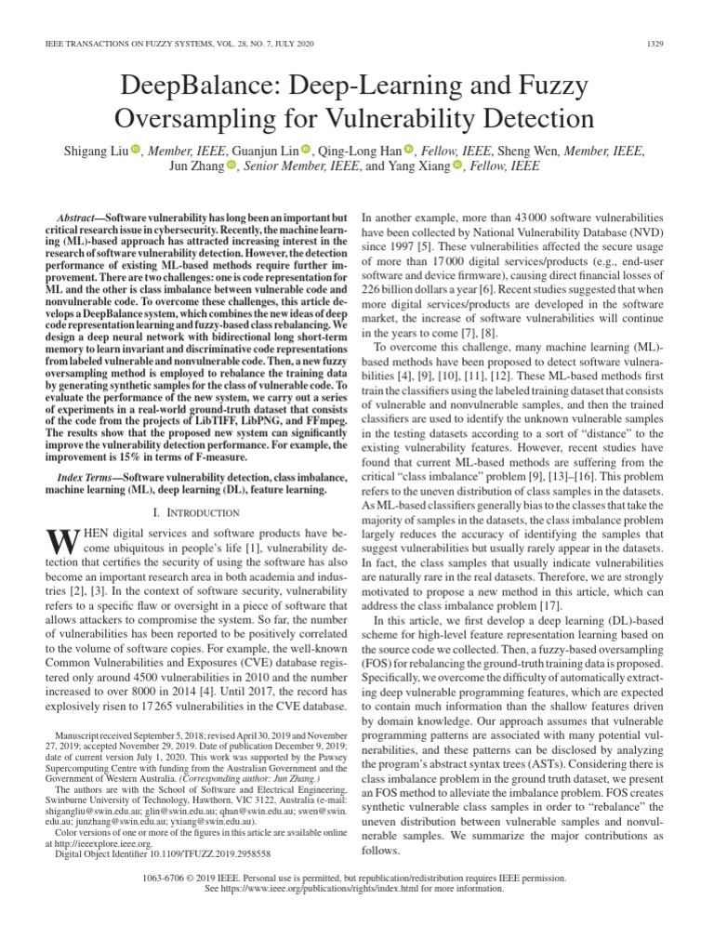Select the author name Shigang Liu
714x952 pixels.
click(91, 151)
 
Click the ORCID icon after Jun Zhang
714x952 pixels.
click(231, 166)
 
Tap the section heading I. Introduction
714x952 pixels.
click(194, 512)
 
